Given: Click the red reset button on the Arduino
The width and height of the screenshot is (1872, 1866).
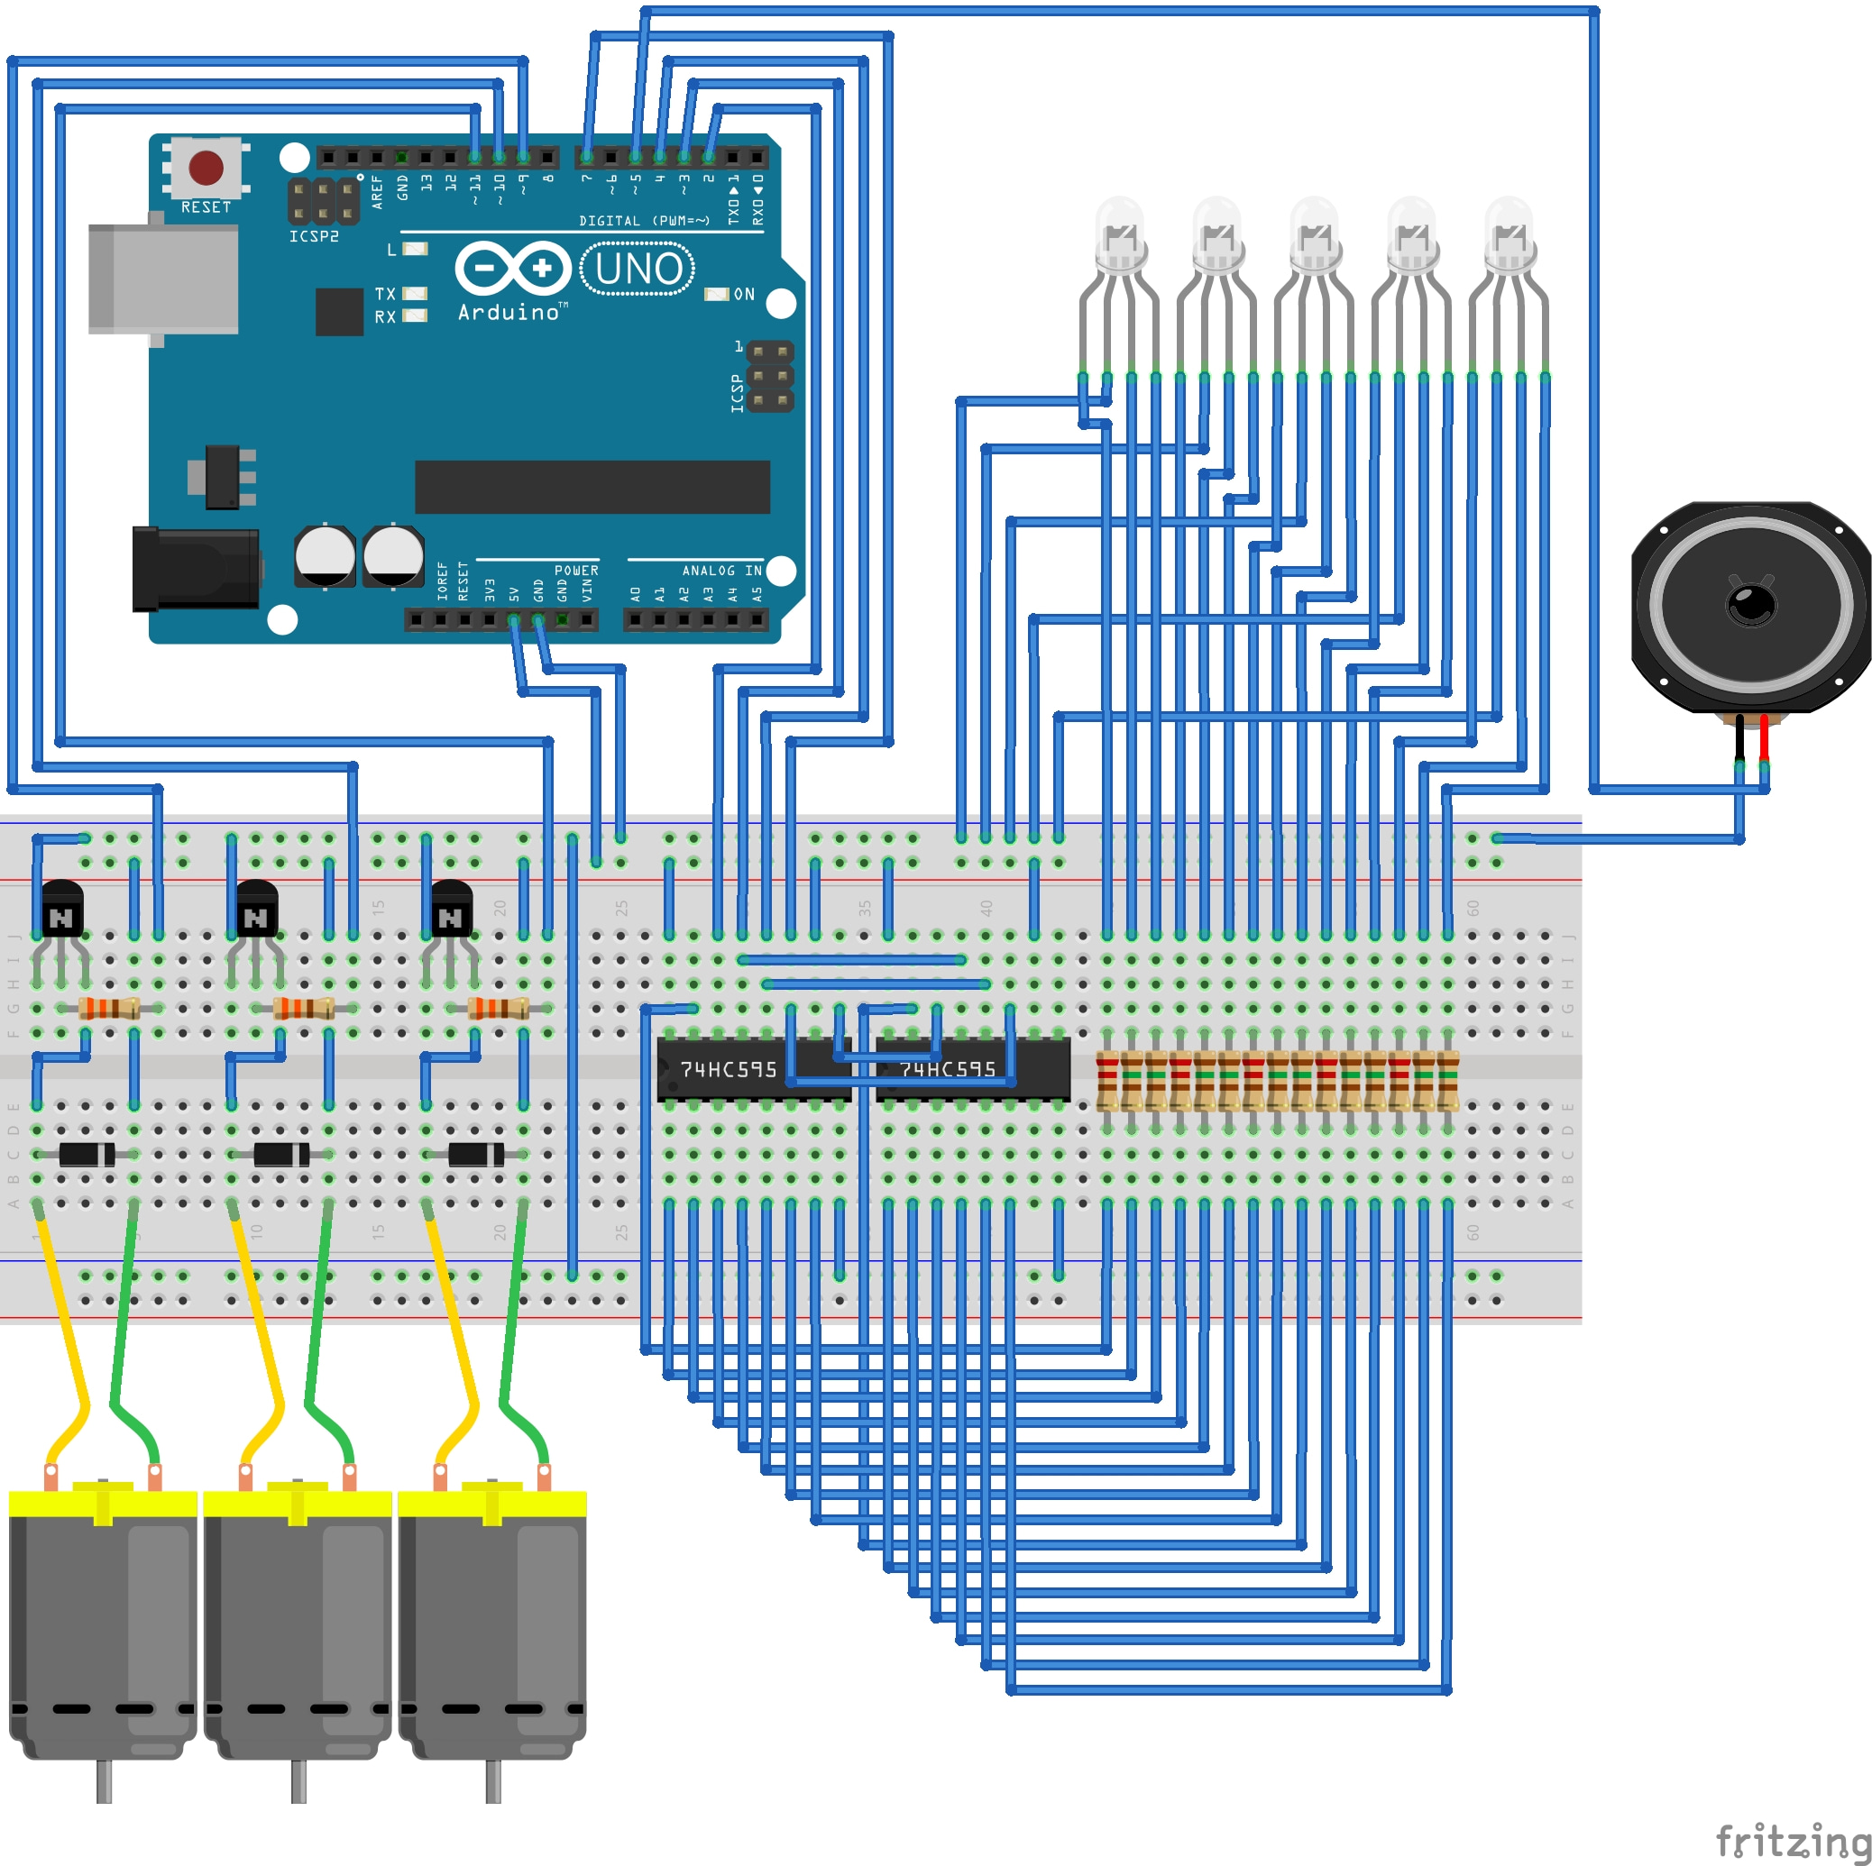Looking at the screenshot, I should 206,167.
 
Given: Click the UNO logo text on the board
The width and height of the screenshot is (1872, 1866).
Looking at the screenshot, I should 637,270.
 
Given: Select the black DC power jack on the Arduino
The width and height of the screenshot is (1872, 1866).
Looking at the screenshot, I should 195,569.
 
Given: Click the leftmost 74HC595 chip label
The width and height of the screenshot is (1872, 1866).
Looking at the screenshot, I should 728,1070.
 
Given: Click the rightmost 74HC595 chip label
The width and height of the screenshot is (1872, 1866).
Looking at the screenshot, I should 947,1070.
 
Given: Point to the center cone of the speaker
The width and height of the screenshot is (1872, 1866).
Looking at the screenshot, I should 1751,605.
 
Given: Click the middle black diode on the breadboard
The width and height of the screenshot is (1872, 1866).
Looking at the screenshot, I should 281,1154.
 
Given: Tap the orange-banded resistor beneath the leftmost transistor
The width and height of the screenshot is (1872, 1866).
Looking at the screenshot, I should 108,1009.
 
